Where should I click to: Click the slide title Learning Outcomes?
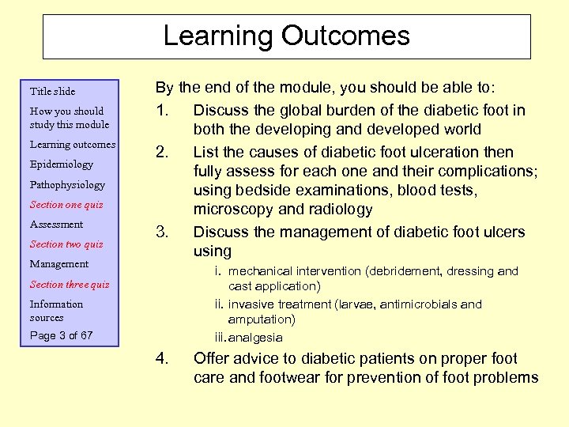(x=286, y=36)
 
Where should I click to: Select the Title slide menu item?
(x=52, y=91)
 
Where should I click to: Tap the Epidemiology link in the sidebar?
(x=61, y=164)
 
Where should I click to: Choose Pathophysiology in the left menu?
(x=67, y=184)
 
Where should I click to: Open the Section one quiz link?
(x=66, y=205)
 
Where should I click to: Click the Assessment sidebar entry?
(x=56, y=225)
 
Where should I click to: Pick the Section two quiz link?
(x=66, y=244)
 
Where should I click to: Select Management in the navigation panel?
(x=59, y=264)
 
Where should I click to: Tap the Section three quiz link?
(x=70, y=285)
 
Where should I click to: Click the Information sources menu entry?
(x=56, y=311)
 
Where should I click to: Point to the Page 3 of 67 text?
(x=61, y=335)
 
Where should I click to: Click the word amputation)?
(x=262, y=319)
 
